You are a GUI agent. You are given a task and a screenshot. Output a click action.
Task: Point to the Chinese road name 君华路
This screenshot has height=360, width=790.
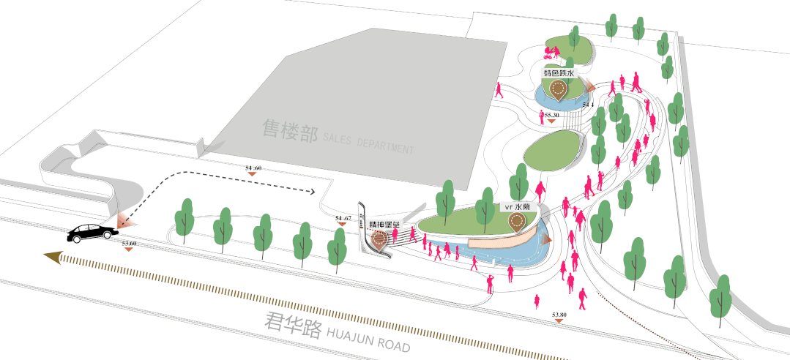point(293,326)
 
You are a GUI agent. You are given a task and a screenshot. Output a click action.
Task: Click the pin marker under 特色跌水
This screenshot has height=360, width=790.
point(559,91)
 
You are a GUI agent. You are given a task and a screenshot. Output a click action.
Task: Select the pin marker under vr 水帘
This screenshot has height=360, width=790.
point(518,222)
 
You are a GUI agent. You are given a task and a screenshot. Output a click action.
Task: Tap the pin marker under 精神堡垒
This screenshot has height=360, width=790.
point(379,239)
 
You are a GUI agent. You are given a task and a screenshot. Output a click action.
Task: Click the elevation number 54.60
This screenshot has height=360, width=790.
point(253,168)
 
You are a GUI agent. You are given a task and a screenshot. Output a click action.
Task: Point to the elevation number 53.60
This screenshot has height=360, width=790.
point(130,242)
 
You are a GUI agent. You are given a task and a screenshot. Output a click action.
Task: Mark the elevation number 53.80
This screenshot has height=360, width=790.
point(559,315)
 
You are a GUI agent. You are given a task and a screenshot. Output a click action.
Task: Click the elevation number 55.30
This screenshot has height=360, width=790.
point(551,115)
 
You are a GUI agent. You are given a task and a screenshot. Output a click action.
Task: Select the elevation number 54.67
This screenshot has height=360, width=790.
point(343,218)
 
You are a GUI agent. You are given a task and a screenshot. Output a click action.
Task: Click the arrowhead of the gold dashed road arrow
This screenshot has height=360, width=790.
point(52,255)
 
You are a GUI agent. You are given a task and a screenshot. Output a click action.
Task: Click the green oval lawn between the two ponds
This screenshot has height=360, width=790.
point(554,150)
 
